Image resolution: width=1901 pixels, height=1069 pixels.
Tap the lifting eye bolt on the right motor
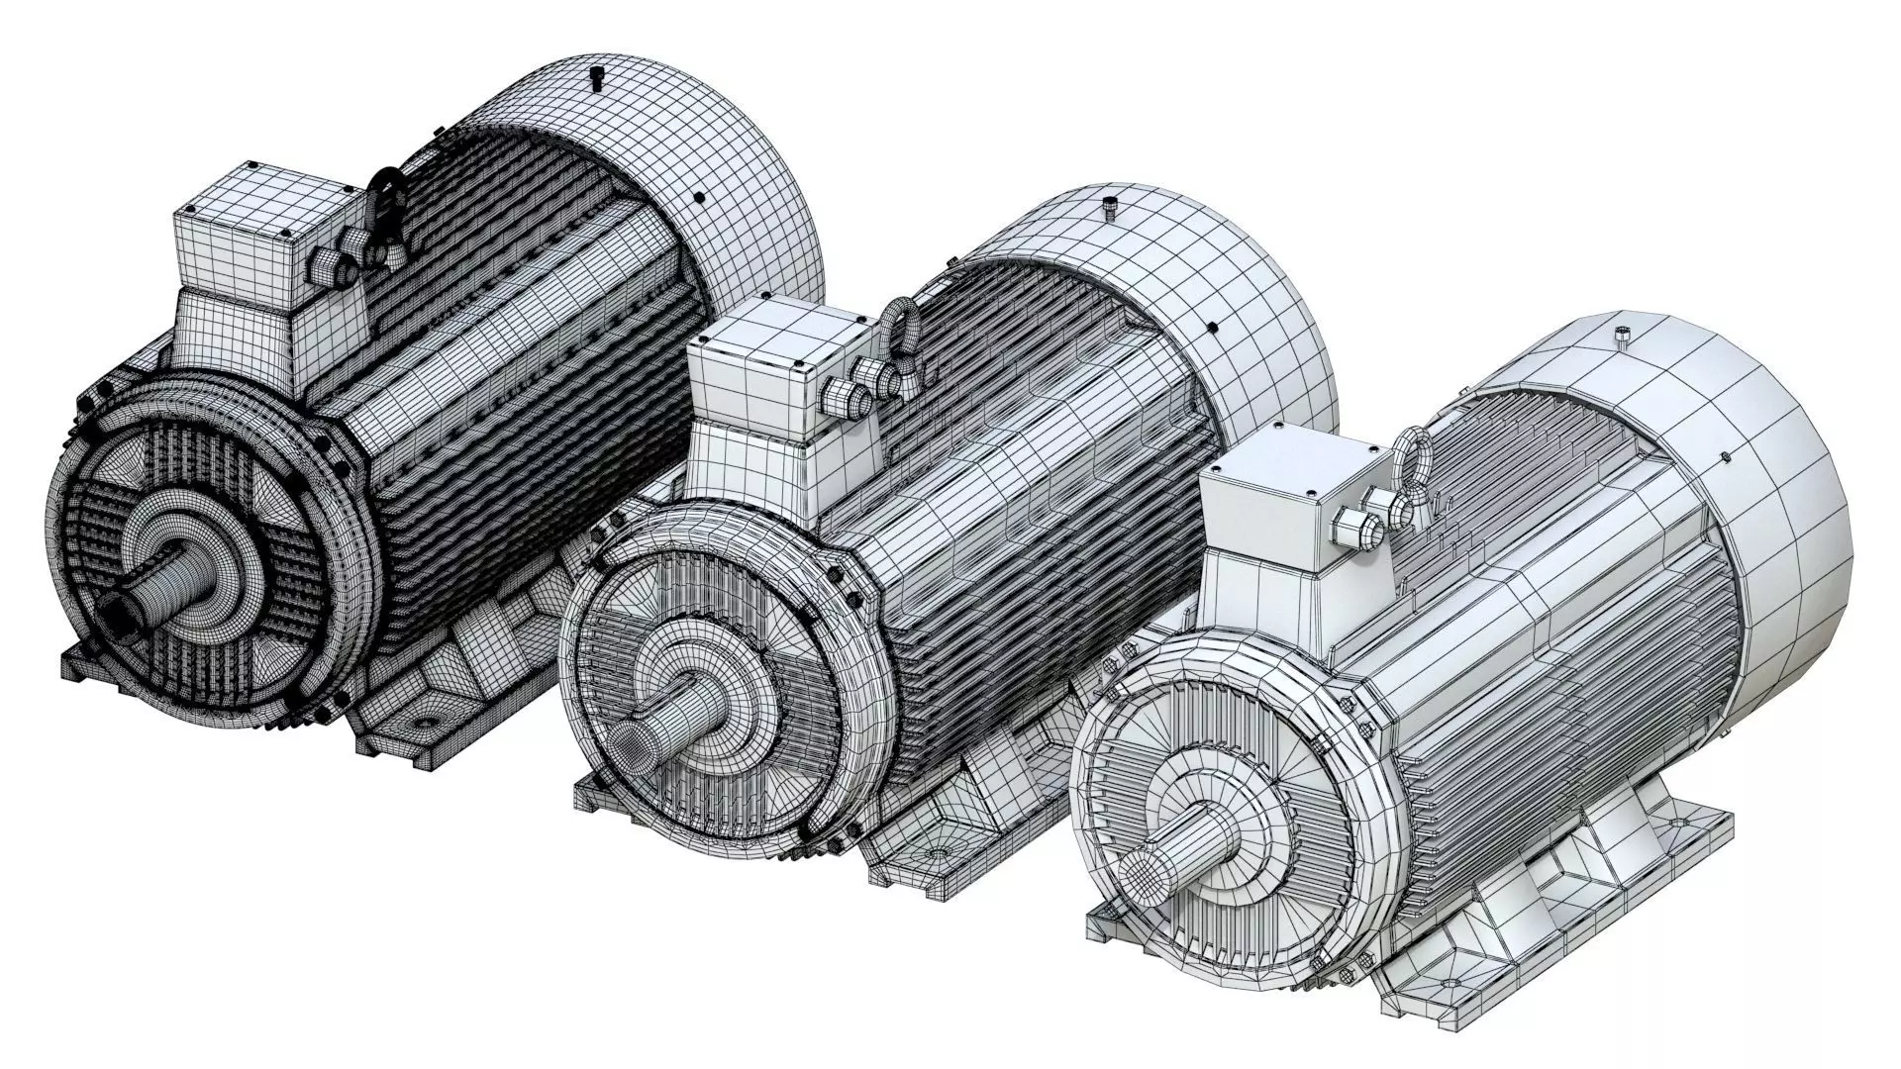pyautogui.click(x=1411, y=465)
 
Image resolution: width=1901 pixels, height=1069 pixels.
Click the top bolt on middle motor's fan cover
pyautogui.click(x=1110, y=206)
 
